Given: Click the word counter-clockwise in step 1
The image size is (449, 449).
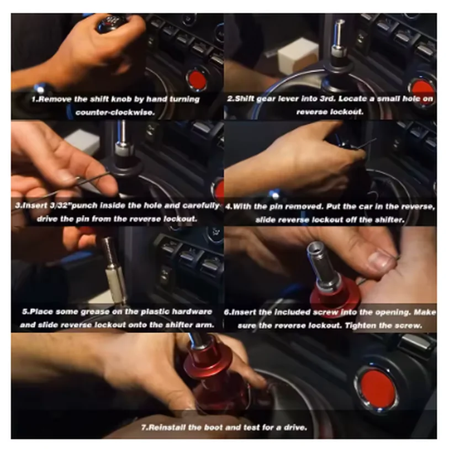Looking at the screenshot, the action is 115,112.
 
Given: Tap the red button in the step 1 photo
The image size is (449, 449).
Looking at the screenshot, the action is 197,78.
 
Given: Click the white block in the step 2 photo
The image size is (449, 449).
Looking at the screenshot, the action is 298,56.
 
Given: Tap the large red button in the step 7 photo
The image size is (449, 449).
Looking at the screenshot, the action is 377,387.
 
